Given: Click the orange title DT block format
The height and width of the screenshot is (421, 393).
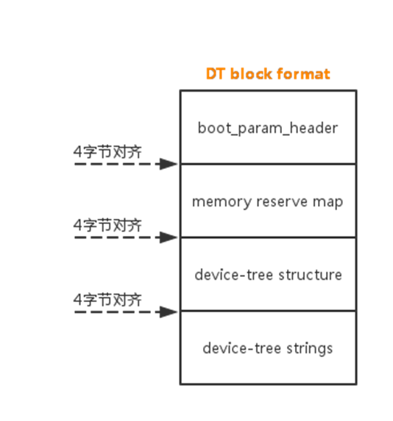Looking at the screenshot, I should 268,74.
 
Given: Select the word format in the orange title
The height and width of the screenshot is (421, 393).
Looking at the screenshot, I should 307,74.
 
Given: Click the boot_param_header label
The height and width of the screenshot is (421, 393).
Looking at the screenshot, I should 268,128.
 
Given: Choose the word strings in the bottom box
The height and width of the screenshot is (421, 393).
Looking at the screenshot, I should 309,348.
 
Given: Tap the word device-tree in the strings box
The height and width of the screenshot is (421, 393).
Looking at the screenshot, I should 240,348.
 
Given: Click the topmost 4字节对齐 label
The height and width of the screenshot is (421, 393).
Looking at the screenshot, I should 107,151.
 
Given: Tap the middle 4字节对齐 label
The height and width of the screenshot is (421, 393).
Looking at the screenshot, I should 107,226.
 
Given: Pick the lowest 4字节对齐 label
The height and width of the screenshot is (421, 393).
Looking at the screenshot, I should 107,300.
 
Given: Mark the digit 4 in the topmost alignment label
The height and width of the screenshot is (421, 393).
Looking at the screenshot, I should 77,151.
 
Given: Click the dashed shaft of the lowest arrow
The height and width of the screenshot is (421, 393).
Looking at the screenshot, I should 118,312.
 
